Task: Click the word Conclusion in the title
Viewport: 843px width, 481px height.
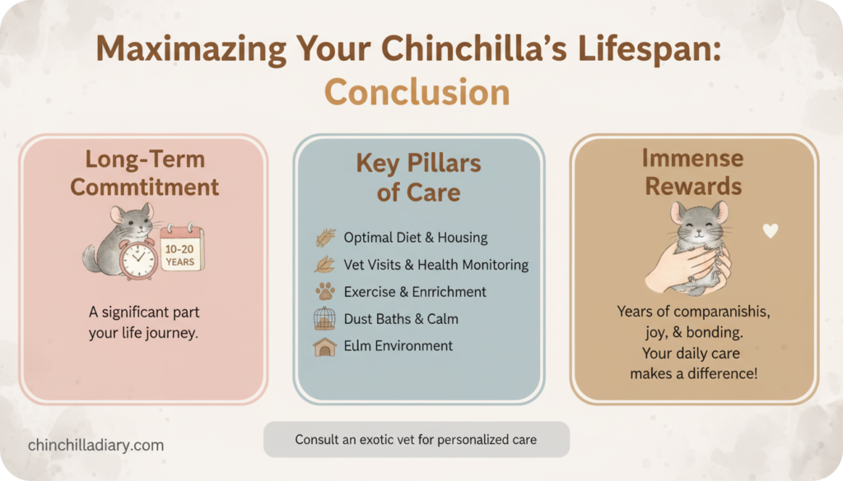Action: tap(417, 92)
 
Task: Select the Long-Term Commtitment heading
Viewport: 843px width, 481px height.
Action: tap(144, 173)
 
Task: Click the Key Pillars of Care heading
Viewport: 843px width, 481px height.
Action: tap(418, 178)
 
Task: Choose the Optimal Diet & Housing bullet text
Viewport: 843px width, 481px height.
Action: tap(415, 238)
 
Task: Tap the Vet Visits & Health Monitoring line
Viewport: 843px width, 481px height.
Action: tap(436, 265)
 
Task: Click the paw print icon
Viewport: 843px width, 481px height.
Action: tap(325, 292)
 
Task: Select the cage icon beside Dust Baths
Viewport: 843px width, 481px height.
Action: tap(325, 319)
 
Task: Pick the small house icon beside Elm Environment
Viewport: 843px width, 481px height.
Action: tap(325, 346)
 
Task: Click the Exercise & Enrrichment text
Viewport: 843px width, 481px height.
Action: tap(415, 292)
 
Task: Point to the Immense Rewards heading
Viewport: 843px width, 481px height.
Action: tap(693, 171)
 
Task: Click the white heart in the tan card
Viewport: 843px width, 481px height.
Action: tap(770, 231)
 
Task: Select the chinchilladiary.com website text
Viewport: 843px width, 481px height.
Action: tap(95, 445)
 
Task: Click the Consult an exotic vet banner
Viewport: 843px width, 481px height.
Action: tap(416, 440)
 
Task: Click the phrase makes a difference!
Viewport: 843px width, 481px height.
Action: tap(693, 373)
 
